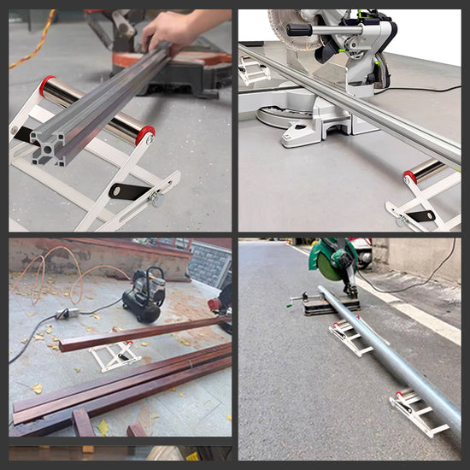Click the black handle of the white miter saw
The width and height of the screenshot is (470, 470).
[299, 30]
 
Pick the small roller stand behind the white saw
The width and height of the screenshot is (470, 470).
[253, 72]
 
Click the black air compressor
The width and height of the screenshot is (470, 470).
[144, 294]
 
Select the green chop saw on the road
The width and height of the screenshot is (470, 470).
[335, 261]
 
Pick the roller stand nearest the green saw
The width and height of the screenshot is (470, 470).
[352, 337]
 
